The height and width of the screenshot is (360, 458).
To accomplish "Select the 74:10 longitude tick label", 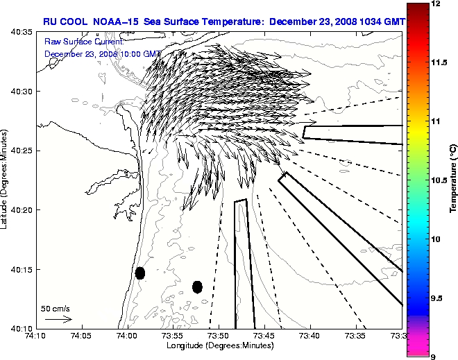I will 35,336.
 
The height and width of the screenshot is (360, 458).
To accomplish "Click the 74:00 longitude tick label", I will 127,336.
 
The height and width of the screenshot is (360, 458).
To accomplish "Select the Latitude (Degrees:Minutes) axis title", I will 5,180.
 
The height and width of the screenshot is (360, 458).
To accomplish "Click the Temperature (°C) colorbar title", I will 452,179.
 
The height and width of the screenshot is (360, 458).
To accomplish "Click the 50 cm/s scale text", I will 56,308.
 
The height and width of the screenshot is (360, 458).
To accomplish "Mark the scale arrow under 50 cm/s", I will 58,319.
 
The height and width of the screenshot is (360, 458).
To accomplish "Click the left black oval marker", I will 140,273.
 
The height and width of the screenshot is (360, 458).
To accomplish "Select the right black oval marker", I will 197,286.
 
